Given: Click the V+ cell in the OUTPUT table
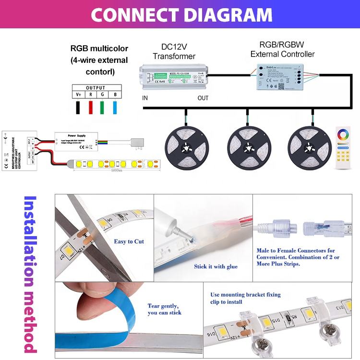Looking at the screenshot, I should click(x=78, y=95).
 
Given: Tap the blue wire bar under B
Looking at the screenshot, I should click(x=115, y=108).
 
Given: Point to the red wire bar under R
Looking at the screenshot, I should click(x=90, y=108).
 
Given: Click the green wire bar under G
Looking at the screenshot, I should click(x=103, y=108).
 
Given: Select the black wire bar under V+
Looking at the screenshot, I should click(x=78, y=108).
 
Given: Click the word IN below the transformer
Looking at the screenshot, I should click(x=145, y=98).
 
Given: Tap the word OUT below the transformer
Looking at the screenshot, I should click(x=203, y=98).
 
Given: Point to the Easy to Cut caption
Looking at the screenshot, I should click(x=129, y=241).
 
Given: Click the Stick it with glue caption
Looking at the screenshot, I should click(x=216, y=266).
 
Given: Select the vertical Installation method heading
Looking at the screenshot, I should click(x=30, y=274).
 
